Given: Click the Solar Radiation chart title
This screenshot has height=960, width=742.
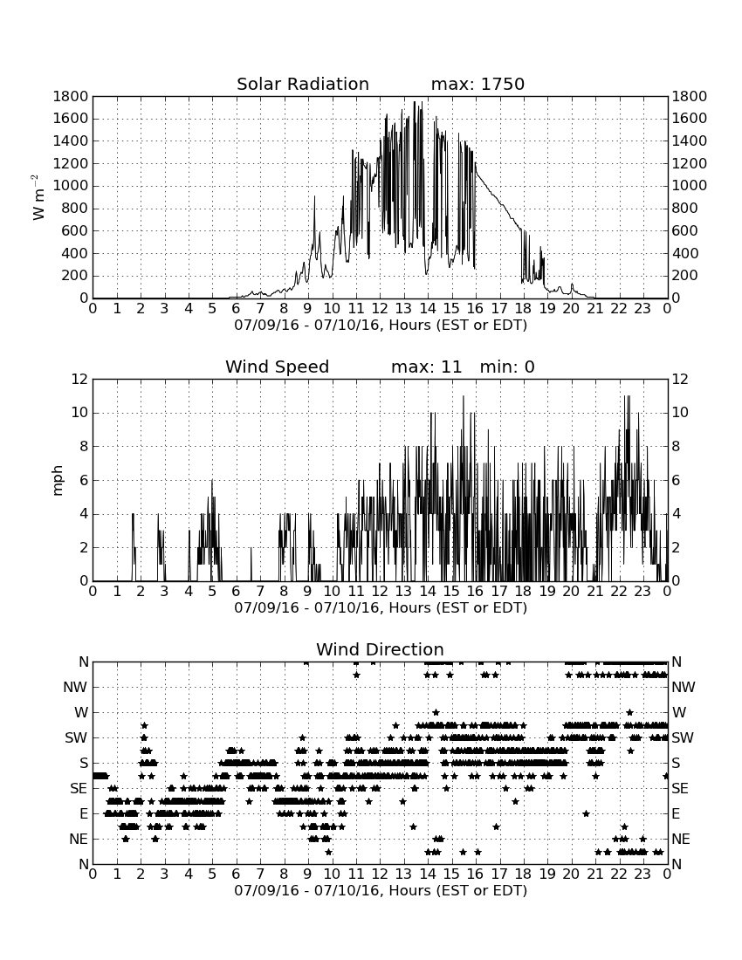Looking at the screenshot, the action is [303, 84].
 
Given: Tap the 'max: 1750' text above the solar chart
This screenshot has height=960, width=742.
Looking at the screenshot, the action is [477, 84].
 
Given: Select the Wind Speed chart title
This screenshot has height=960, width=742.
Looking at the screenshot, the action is [278, 367].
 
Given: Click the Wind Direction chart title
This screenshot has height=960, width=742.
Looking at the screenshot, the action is [380, 649].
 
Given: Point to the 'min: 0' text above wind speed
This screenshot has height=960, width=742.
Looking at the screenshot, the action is [507, 367].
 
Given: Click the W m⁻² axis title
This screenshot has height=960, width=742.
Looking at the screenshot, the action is [38, 197].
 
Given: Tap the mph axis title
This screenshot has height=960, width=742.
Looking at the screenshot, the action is [57, 480].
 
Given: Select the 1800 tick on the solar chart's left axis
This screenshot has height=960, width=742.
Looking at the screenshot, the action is [71, 96].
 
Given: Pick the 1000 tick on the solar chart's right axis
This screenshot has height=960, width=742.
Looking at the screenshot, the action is [690, 186].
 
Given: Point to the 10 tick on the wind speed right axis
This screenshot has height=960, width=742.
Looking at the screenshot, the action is [680, 413].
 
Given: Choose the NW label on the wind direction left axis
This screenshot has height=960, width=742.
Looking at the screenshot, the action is [75, 688].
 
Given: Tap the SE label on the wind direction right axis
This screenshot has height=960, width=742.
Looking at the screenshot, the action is [680, 789].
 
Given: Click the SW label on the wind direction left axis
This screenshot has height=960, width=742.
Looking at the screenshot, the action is [76, 737].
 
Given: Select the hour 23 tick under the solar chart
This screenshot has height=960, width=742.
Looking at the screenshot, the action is [642, 308].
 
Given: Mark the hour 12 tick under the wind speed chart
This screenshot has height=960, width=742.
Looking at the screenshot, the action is [381, 591].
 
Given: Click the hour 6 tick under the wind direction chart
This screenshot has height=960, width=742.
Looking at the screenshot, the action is [237, 874].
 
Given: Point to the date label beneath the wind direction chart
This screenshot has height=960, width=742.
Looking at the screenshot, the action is [381, 890].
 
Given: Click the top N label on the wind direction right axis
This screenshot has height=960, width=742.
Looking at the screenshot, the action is [677, 662].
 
